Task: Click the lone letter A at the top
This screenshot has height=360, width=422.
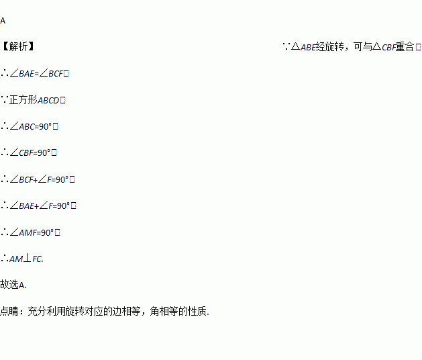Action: [x=3, y=21]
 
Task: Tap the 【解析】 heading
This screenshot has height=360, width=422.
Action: [x=18, y=47]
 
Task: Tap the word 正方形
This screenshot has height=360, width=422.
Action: [x=23, y=100]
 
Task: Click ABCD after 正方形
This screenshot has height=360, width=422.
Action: [x=48, y=100]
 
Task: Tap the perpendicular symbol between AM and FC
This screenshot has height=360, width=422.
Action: [x=27, y=259]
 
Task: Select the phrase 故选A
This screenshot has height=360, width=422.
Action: [x=13, y=285]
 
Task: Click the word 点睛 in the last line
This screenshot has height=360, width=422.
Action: [x=9, y=312]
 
